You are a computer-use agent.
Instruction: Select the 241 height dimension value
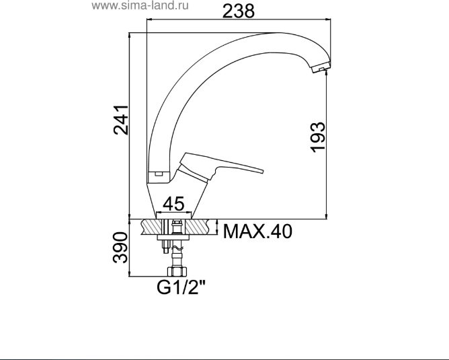click(120, 120)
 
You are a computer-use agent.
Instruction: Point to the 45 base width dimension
click(175, 203)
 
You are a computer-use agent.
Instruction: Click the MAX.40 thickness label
click(258, 232)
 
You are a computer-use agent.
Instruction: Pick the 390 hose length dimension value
click(120, 247)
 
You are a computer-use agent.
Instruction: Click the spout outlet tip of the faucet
click(322, 67)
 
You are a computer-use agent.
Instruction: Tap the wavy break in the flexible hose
click(175, 254)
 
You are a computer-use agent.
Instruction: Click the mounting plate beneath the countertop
click(175, 239)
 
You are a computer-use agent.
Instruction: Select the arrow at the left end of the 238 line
click(150, 21)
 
